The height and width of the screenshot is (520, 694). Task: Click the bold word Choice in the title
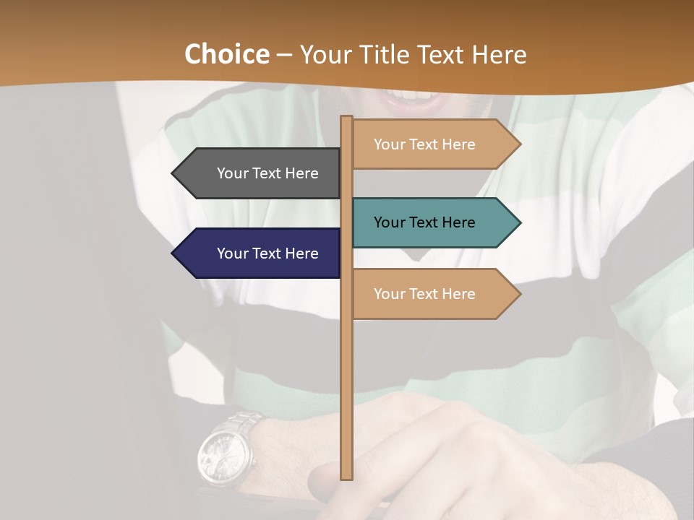pos(226,54)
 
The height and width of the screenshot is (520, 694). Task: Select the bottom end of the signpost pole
pos(347,477)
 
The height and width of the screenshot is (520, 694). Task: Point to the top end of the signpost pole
pos(347,118)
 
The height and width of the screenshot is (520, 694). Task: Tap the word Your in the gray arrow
pos(233,173)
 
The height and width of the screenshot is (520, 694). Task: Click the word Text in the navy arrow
pos(267,253)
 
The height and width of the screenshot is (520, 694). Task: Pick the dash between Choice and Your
pos(284,56)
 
